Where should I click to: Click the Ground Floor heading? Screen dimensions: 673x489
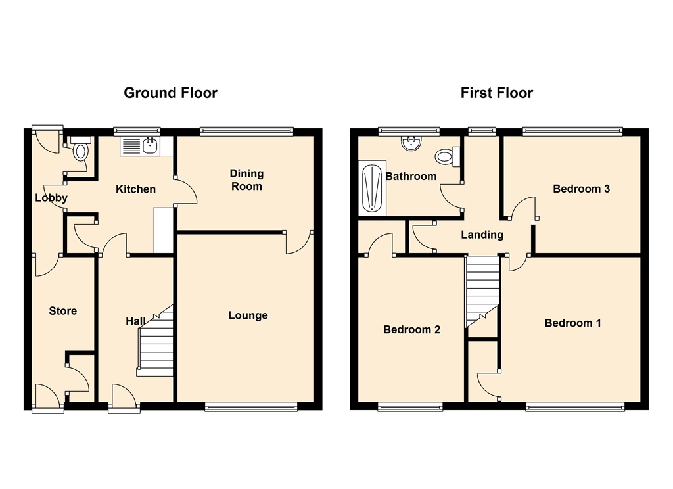(x=170, y=93)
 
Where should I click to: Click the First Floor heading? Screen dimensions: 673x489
(x=497, y=93)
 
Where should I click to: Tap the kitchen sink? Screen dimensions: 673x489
(x=140, y=146)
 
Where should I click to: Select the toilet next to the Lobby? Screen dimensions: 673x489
(x=81, y=149)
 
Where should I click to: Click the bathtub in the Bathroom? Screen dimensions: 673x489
(x=372, y=188)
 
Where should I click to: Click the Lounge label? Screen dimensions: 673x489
(x=248, y=315)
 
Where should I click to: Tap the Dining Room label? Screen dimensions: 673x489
(x=246, y=180)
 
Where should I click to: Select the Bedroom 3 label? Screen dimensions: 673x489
(x=581, y=189)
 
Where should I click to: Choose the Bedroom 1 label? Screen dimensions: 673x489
(x=572, y=323)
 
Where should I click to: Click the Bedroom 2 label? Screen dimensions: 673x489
(x=411, y=329)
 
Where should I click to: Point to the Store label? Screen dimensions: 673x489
(x=62, y=311)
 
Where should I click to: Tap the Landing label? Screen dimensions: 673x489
(x=482, y=235)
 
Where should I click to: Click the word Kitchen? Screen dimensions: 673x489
(x=135, y=189)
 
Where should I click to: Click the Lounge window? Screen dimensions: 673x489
(x=251, y=407)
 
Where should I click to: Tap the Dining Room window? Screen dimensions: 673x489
(x=247, y=131)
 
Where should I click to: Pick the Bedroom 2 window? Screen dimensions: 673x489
(x=410, y=407)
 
